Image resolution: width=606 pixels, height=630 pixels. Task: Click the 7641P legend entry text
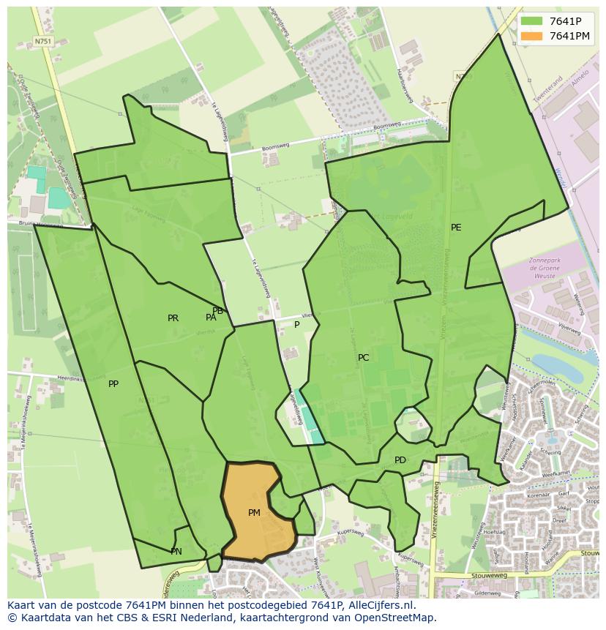coord(570,21)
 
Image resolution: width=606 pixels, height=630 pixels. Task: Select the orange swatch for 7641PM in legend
coord(532,36)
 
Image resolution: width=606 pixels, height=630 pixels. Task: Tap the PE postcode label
coord(456,228)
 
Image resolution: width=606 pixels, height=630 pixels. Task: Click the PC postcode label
coord(364,358)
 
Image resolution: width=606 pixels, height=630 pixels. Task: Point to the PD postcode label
coord(400,460)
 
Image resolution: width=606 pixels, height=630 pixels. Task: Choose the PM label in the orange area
coord(254,513)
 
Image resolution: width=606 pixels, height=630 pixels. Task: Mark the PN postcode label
coord(176,552)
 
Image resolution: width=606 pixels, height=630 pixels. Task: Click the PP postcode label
coord(113,384)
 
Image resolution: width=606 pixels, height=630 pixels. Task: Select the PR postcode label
coord(173,318)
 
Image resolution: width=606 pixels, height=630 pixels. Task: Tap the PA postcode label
coord(211,318)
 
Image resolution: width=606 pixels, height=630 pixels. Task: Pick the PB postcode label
coord(217,311)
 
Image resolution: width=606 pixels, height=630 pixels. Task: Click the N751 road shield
coord(43,42)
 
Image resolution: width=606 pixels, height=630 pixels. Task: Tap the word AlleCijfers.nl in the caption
coord(381,605)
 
